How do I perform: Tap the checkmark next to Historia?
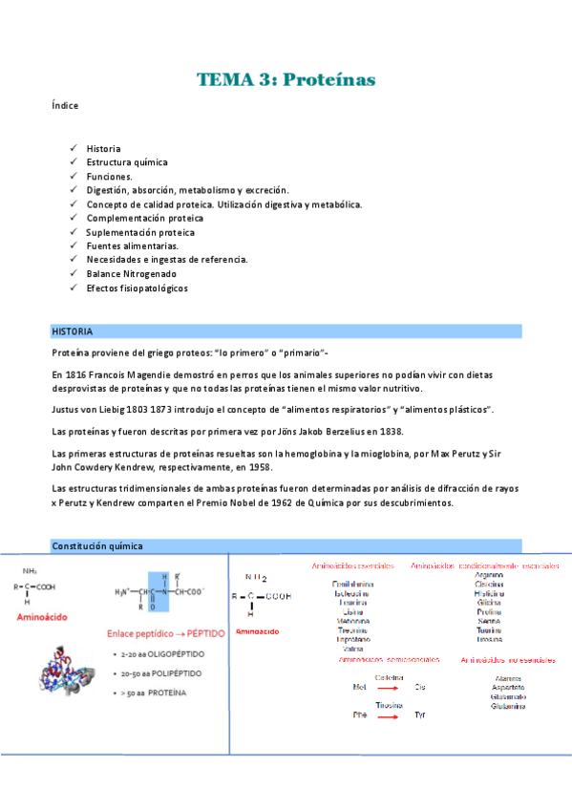[x=74, y=148]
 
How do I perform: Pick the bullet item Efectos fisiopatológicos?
[x=137, y=288]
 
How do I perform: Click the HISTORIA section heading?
[x=73, y=331]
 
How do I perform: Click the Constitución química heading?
[x=97, y=545]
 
